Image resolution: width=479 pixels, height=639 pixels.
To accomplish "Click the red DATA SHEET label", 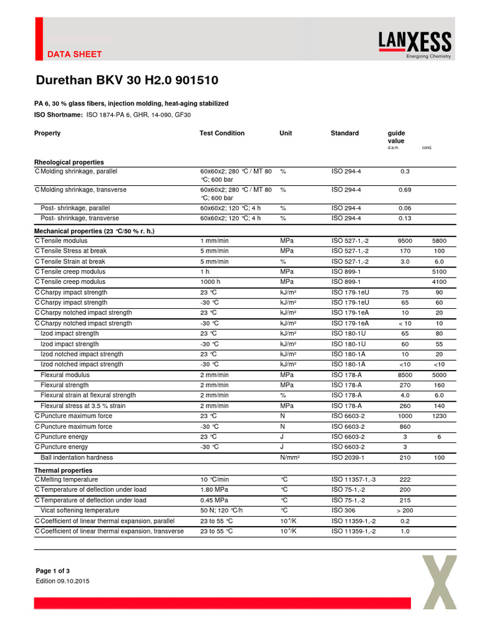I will pos(74,54).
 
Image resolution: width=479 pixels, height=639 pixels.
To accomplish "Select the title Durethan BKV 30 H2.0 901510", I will pos(127,81).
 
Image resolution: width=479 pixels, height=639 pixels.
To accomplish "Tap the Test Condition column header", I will pos(222,133).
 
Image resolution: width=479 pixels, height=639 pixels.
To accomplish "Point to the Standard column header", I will pos(344,133).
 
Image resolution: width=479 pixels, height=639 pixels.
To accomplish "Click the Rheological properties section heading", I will pos(69,162).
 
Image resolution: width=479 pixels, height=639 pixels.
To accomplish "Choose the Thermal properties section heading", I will pos(63,470).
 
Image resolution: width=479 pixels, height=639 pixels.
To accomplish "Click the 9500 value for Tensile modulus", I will pos(405,240).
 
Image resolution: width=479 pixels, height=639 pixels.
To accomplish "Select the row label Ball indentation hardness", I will pos(77,457).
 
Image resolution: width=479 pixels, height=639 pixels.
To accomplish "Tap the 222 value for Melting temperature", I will pos(405,479).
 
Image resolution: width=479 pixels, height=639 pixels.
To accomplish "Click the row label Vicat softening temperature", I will pos(80,510).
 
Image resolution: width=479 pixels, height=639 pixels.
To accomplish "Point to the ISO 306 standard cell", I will pos(343,510).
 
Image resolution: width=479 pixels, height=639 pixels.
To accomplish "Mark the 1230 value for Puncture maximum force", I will pos(439,416).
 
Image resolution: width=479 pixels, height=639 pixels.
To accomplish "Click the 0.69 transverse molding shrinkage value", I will pos(405,190).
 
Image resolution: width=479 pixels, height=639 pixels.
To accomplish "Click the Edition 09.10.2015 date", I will pos(63,581).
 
